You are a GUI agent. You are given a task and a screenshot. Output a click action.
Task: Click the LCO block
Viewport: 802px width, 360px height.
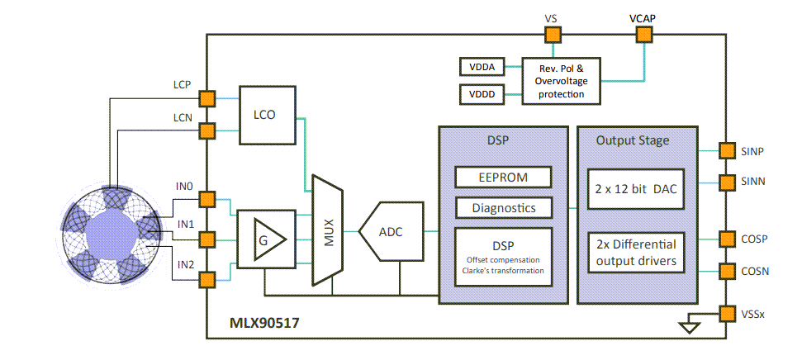[268, 116]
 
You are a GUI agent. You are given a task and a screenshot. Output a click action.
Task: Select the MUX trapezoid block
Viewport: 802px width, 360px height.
[327, 230]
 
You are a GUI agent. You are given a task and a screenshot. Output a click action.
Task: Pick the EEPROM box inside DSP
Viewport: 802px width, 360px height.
[503, 177]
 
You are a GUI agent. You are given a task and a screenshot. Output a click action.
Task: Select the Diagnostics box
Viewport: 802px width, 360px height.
[503, 208]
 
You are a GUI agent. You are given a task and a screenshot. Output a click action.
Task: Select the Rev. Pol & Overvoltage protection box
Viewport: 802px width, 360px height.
[561, 81]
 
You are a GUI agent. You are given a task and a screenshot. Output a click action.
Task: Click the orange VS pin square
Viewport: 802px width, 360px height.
[552, 34]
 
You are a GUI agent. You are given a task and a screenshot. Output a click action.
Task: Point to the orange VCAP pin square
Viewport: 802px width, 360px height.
[643, 34]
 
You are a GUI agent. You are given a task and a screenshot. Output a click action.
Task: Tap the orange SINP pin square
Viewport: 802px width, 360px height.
[726, 151]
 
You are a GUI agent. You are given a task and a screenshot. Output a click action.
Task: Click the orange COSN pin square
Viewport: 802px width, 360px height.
[726, 271]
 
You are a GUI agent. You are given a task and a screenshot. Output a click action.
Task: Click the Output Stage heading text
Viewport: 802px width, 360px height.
[633, 140]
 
